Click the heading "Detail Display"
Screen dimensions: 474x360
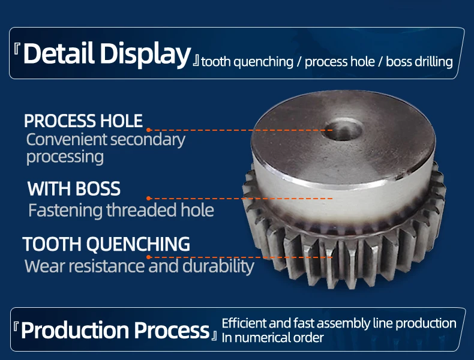click(x=107, y=54)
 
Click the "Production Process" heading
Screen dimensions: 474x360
click(x=115, y=330)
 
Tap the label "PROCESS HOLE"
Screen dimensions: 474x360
click(x=83, y=121)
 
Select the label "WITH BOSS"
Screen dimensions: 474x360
click(x=74, y=189)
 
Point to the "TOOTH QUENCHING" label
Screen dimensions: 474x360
click(x=106, y=244)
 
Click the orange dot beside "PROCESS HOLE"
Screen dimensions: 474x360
click(x=149, y=129)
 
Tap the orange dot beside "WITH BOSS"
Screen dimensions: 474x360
click(x=149, y=197)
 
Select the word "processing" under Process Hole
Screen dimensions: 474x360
click(x=65, y=157)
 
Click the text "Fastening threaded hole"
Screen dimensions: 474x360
click(x=121, y=211)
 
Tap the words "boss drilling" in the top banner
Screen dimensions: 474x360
click(x=419, y=62)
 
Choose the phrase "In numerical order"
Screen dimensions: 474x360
click(x=272, y=338)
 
